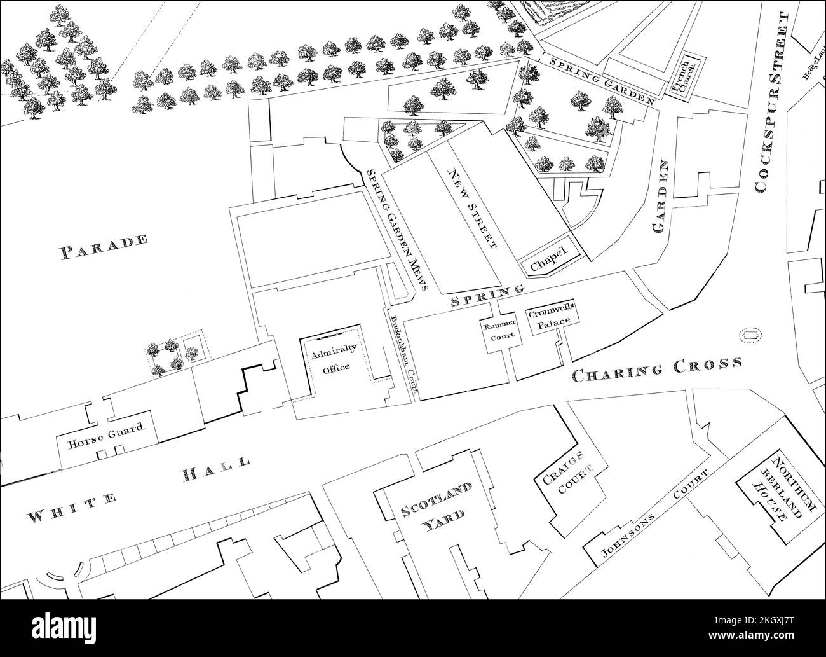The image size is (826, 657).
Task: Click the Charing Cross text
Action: tap(657, 370)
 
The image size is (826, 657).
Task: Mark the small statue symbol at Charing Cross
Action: tap(751, 334)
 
